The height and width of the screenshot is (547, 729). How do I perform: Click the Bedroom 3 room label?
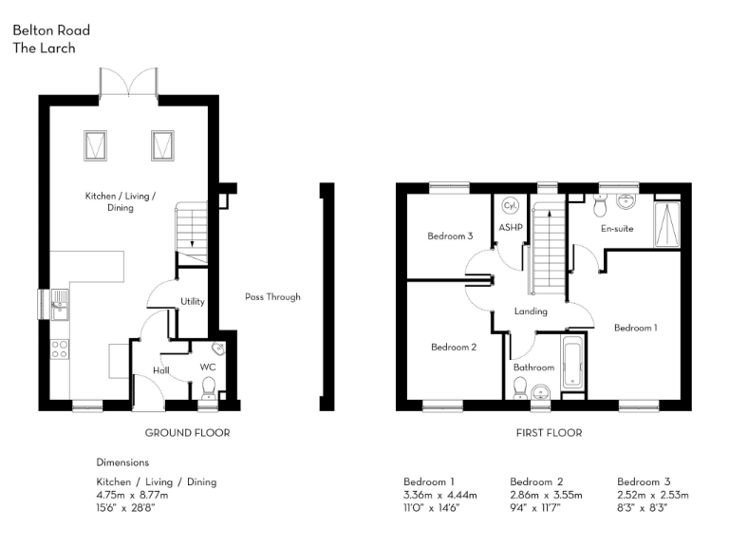[450, 236]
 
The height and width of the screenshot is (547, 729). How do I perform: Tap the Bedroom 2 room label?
[453, 347]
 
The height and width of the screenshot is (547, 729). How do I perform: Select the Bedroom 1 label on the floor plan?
[635, 328]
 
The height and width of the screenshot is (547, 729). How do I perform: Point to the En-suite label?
[617, 229]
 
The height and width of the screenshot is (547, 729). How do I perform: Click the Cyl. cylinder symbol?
[510, 206]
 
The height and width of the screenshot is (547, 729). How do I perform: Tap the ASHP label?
[511, 228]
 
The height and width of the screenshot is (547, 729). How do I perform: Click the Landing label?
[531, 311]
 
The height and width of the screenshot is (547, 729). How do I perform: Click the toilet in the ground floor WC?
[209, 385]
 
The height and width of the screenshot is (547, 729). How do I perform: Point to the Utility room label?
[193, 301]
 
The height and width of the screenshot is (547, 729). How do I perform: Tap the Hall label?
[161, 369]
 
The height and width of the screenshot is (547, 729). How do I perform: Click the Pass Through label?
[271, 297]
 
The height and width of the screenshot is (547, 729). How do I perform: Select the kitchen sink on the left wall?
[58, 307]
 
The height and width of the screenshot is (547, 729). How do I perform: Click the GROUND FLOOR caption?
[187, 433]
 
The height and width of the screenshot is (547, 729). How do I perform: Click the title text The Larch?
[44, 48]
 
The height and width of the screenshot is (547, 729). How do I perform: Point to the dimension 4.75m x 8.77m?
[132, 495]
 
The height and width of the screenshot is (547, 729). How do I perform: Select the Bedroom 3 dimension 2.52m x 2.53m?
[653, 495]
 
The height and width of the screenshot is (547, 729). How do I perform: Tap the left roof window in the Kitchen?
[96, 145]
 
